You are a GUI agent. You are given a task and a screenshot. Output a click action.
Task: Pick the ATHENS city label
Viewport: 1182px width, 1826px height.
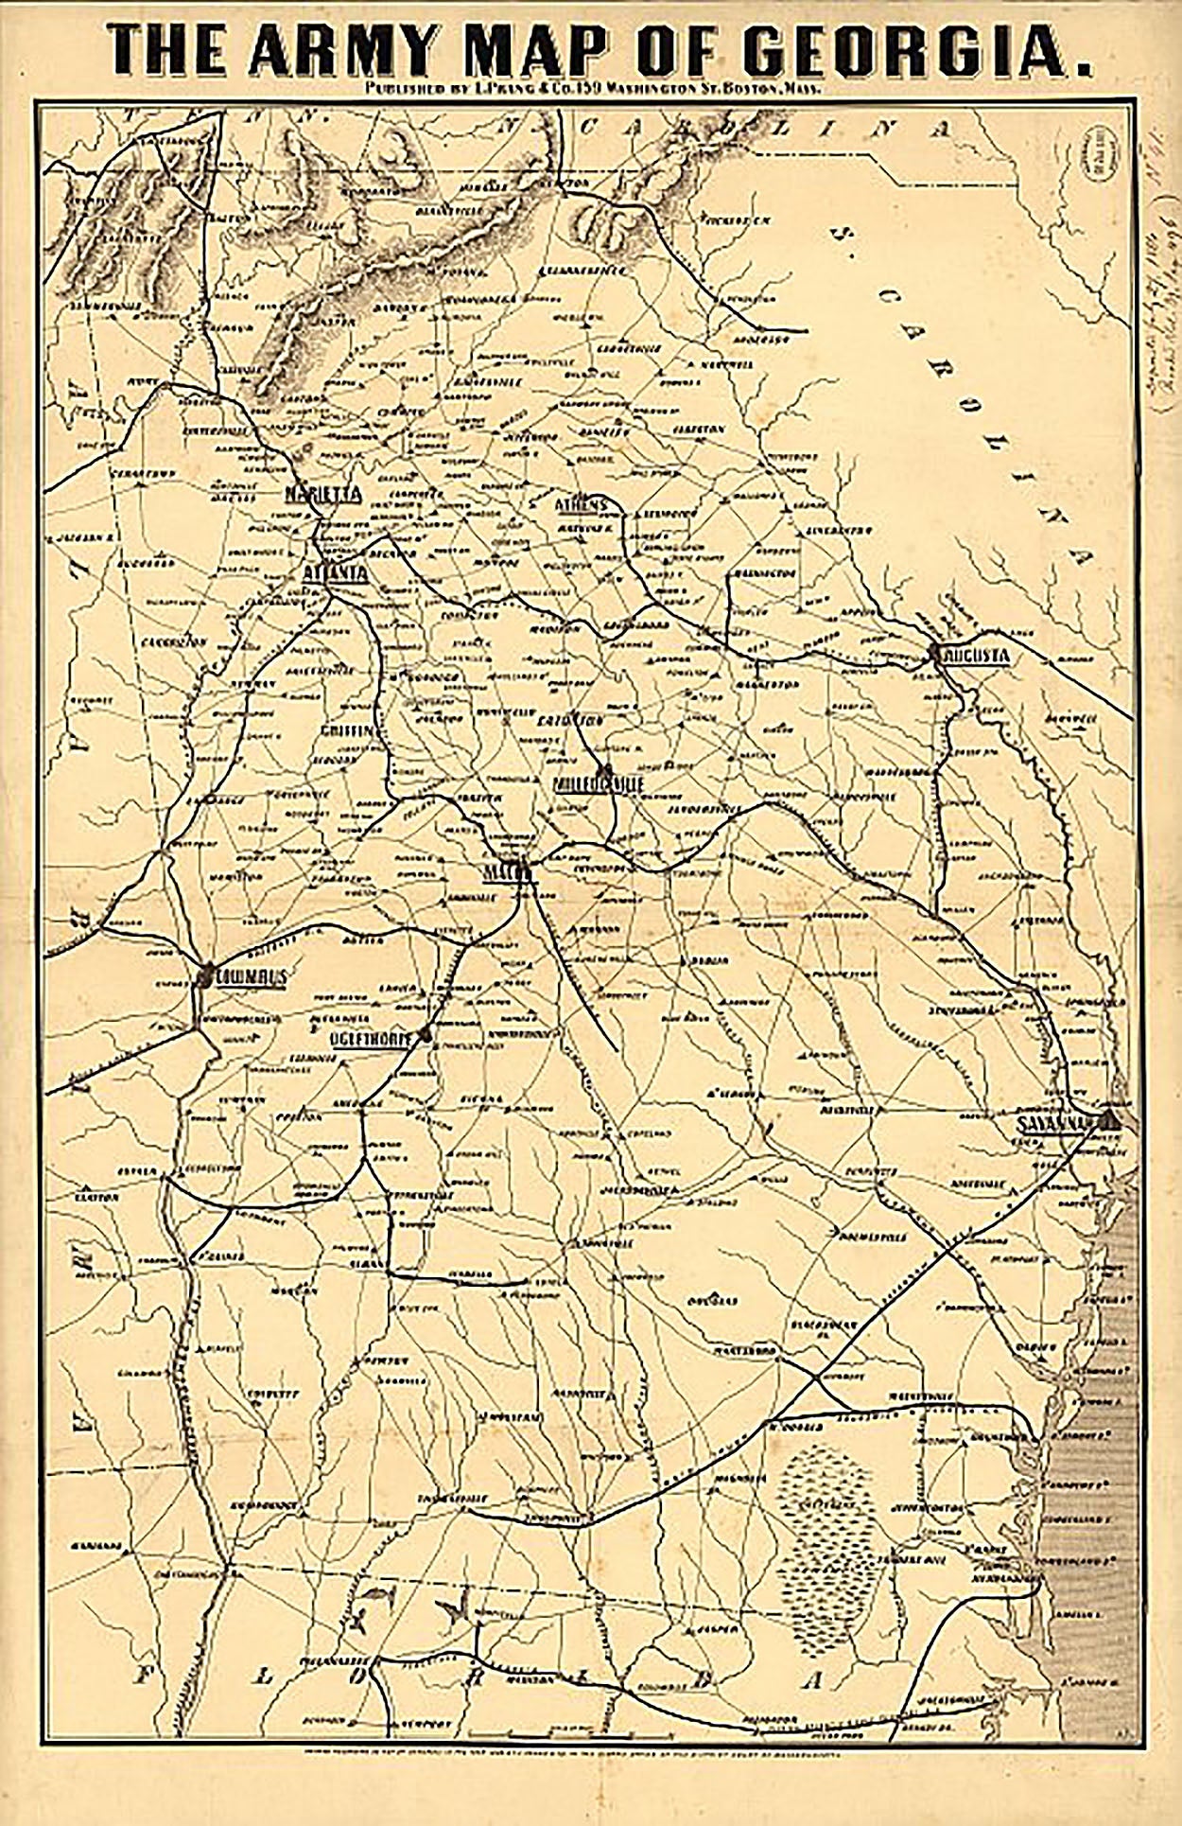581,505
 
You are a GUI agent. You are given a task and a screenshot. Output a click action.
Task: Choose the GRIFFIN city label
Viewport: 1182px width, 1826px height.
348,730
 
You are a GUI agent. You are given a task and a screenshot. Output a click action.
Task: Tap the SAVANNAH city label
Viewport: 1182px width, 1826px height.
1055,1123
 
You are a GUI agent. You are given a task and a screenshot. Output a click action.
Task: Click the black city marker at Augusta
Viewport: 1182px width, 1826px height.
934,652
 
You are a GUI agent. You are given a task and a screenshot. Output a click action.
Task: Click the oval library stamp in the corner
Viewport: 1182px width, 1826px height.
1099,152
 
